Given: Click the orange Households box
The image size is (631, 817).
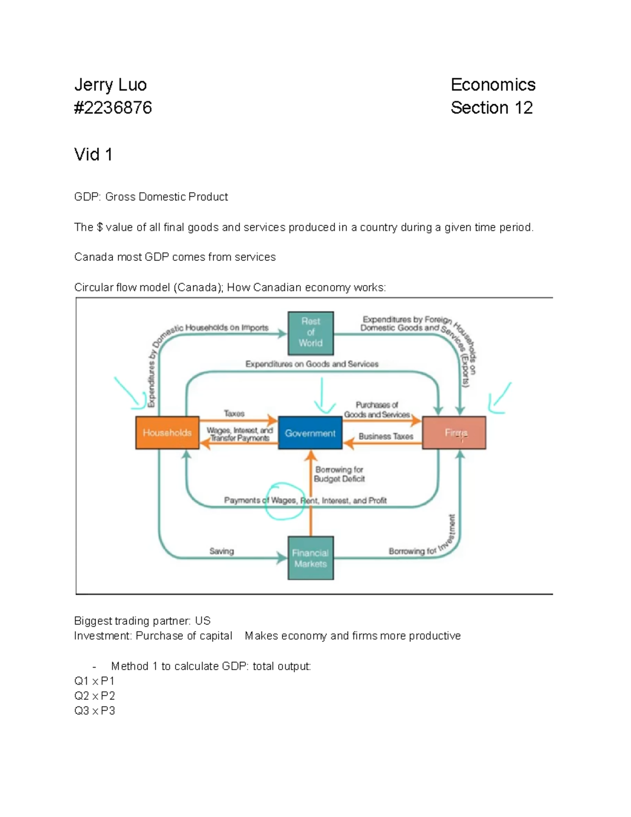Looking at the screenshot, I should pos(167,432).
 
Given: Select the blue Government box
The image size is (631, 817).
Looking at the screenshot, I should pos(310,433).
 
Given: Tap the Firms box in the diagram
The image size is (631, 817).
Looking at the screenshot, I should pos(454,432).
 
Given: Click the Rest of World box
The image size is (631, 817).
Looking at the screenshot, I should pos(310,332).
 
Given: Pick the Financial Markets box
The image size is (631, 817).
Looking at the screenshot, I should pos(310,558).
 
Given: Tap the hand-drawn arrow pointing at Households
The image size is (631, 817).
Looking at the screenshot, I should pos(130,392).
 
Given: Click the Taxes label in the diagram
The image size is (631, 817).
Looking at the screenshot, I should pos(234,413).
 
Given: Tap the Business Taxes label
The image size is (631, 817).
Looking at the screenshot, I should pos(385,436).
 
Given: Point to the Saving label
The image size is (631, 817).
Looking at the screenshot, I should pos(221,551).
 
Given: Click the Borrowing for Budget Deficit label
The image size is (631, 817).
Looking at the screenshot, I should pos(339,474).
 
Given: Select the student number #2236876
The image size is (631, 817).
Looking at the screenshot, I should pos(113,108).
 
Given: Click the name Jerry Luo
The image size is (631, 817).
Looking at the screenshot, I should pos(110,85).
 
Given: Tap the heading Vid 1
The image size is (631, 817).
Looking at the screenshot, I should pos(93,155).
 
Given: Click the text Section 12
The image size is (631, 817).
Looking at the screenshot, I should pos(492,108).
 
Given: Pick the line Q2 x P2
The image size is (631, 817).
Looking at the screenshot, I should pos(95,695).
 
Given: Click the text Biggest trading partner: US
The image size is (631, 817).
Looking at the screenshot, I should pos(142,621).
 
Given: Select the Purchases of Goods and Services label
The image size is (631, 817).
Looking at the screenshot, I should pos(377,410).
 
